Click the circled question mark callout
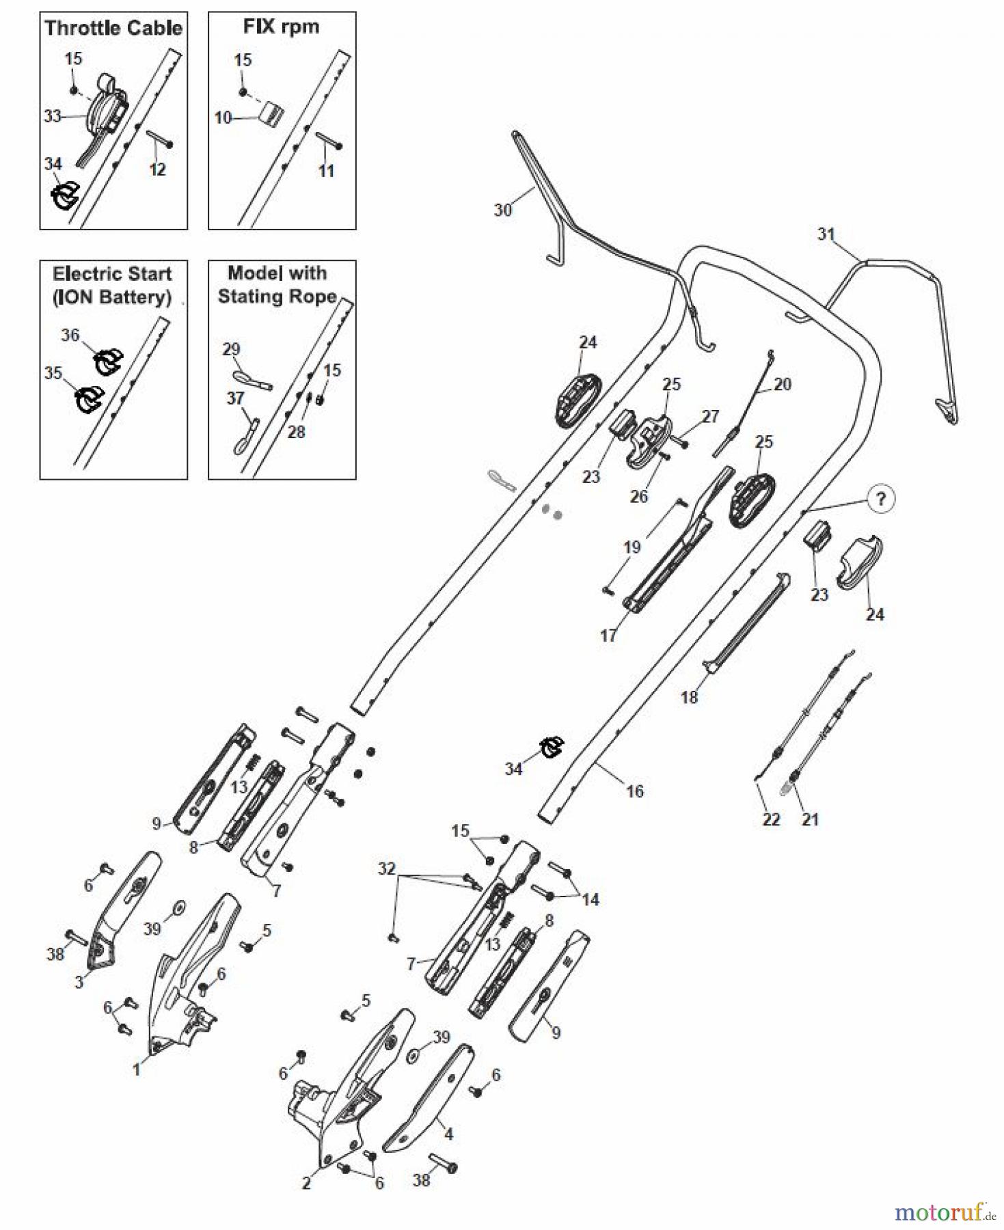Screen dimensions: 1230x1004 880,499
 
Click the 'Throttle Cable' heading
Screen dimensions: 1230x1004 113,28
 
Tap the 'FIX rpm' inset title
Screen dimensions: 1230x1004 281,27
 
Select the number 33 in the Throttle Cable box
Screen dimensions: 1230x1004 53,116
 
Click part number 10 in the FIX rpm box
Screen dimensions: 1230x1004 223,118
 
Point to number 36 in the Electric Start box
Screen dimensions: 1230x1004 70,335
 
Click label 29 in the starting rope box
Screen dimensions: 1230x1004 231,349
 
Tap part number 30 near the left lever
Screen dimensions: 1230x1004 502,210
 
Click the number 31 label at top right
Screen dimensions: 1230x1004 826,234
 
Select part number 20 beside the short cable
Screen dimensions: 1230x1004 782,384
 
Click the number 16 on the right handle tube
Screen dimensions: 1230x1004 635,791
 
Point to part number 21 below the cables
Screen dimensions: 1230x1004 810,819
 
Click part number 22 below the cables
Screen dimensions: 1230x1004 771,819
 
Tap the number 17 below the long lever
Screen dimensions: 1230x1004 608,635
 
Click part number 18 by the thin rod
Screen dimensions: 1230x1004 689,697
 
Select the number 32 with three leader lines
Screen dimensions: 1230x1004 387,869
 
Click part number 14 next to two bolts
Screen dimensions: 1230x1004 591,899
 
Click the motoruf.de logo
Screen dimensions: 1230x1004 946,1212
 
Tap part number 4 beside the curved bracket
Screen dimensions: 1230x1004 448,1134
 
